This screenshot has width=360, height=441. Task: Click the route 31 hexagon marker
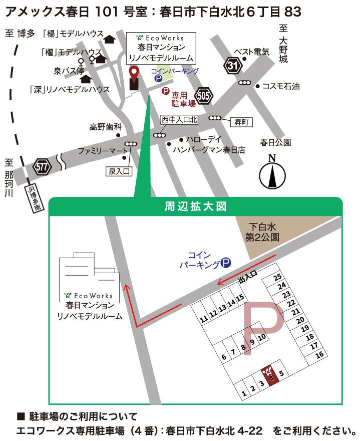(x=232, y=66)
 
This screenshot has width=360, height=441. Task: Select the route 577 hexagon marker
(x=43, y=167)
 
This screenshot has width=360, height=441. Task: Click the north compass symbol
(x=272, y=173)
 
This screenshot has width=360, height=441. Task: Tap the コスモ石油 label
(x=281, y=86)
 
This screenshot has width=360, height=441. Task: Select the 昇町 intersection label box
(x=239, y=122)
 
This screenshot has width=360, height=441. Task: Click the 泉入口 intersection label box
(x=119, y=172)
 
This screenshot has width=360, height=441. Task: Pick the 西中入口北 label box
(x=180, y=120)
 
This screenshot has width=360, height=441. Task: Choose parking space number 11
(x=203, y=319)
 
